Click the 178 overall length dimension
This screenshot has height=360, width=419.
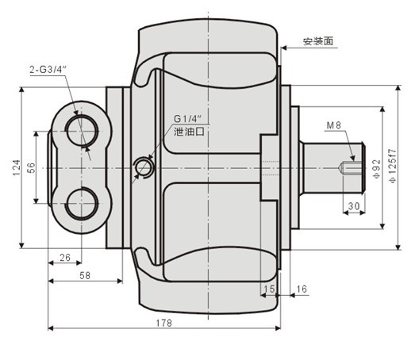coord(164,322)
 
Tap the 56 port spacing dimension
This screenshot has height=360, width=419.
coord(31,168)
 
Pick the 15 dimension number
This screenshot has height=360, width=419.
coord(269,289)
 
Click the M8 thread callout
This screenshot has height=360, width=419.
coord(334,125)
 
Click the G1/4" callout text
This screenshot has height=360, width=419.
coord(188,120)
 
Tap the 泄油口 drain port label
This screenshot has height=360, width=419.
coord(190,134)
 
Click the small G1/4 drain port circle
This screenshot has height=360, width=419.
coord(143,167)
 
